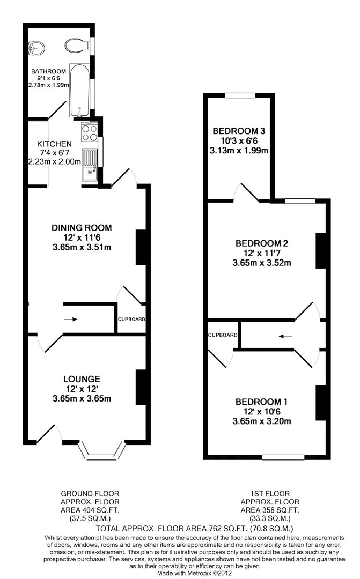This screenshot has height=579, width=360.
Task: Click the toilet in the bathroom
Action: (77, 46)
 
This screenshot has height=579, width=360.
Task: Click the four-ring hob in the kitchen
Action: (90, 132)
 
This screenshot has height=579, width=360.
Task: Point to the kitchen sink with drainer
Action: (90, 165)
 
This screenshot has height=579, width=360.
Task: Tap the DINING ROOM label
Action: (82, 227)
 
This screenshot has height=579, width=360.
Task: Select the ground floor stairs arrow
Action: (71, 319)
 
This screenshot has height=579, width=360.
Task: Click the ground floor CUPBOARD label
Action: (131, 319)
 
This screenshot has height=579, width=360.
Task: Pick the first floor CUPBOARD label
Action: (223, 335)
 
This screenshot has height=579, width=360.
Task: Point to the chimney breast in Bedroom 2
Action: (321, 250)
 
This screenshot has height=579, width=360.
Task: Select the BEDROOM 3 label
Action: (239, 131)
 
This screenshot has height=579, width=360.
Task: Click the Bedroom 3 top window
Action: (240, 95)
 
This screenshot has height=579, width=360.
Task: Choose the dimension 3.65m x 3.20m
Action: (262, 421)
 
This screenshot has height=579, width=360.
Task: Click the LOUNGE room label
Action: (82, 379)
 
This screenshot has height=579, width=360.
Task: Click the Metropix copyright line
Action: (194, 573)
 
